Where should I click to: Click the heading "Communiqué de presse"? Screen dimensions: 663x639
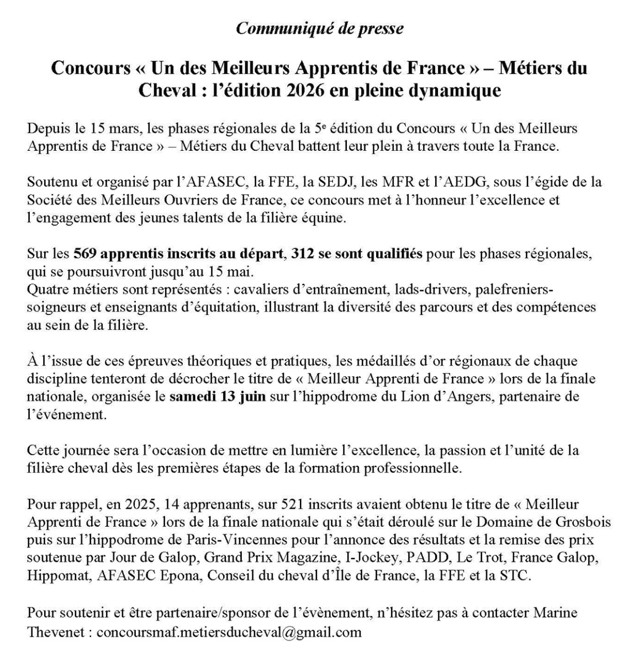pos(319,28)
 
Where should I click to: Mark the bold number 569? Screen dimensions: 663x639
pos(85,254)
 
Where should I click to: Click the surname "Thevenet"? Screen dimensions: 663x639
pos(55,632)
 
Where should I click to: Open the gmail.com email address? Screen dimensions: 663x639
pos(228,632)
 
